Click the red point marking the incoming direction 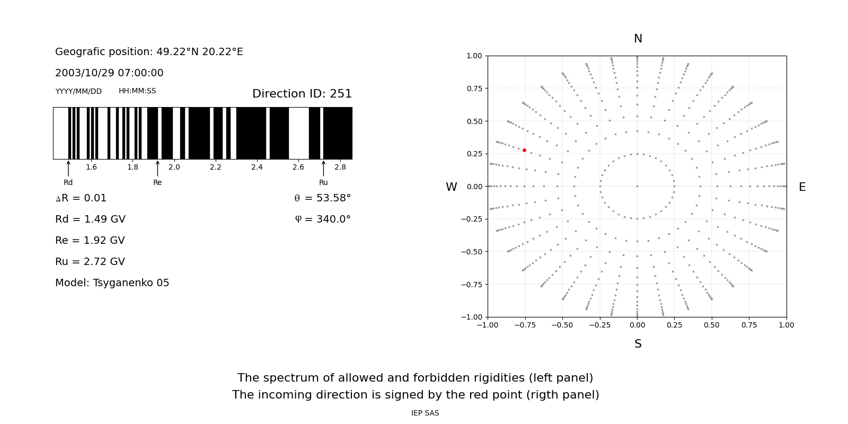pyautogui.click(x=524, y=150)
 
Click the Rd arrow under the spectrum pyautogui.click(x=68, y=169)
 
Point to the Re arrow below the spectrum pyautogui.click(x=157, y=169)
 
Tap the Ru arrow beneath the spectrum pyautogui.click(x=323, y=169)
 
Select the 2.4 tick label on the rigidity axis pyautogui.click(x=257, y=167)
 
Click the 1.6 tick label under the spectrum pyautogui.click(x=92, y=167)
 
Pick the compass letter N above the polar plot pyautogui.click(x=638, y=39)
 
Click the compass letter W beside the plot pyautogui.click(x=451, y=187)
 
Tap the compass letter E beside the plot pyautogui.click(x=802, y=187)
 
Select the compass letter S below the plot pyautogui.click(x=638, y=344)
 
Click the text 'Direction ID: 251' pyautogui.click(x=302, y=94)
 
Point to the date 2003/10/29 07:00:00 pyautogui.click(x=109, y=73)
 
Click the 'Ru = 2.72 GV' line pyautogui.click(x=90, y=262)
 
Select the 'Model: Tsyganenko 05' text pyautogui.click(x=112, y=283)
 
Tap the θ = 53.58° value pyautogui.click(x=322, y=198)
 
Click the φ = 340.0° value pyautogui.click(x=322, y=219)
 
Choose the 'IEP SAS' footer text pyautogui.click(x=425, y=413)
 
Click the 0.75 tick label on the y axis pyautogui.click(x=474, y=89)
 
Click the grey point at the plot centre pyautogui.click(x=637, y=186)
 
